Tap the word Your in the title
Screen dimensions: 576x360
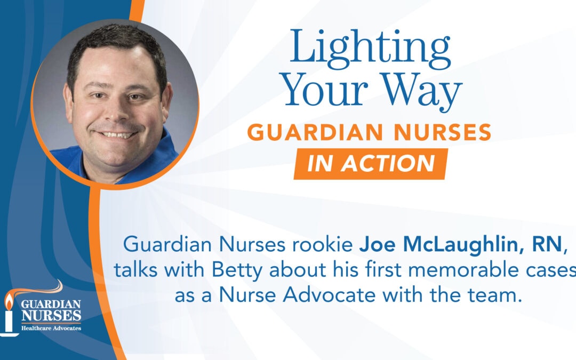pos(325,90)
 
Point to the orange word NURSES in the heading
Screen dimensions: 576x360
pos(442,133)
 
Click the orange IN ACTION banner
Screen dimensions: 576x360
pos(371,164)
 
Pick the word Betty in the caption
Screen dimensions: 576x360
pos(237,270)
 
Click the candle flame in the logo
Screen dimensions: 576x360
pos(9,302)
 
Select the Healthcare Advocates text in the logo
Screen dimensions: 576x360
pos(51,328)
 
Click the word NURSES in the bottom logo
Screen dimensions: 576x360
pos(51,316)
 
